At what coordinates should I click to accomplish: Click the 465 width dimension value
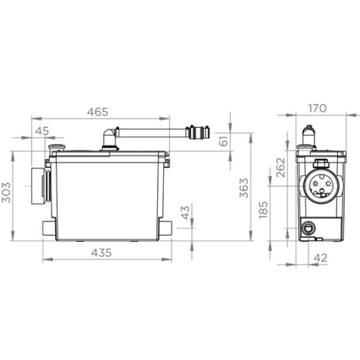pos(97,113)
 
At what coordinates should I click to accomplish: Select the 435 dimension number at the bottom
pos(106,252)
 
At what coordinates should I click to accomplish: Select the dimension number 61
pos(223,140)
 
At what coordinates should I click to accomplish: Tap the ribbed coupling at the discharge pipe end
pos(199,133)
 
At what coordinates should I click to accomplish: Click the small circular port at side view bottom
pos(308,227)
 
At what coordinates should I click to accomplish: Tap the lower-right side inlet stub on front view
pos(165,227)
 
